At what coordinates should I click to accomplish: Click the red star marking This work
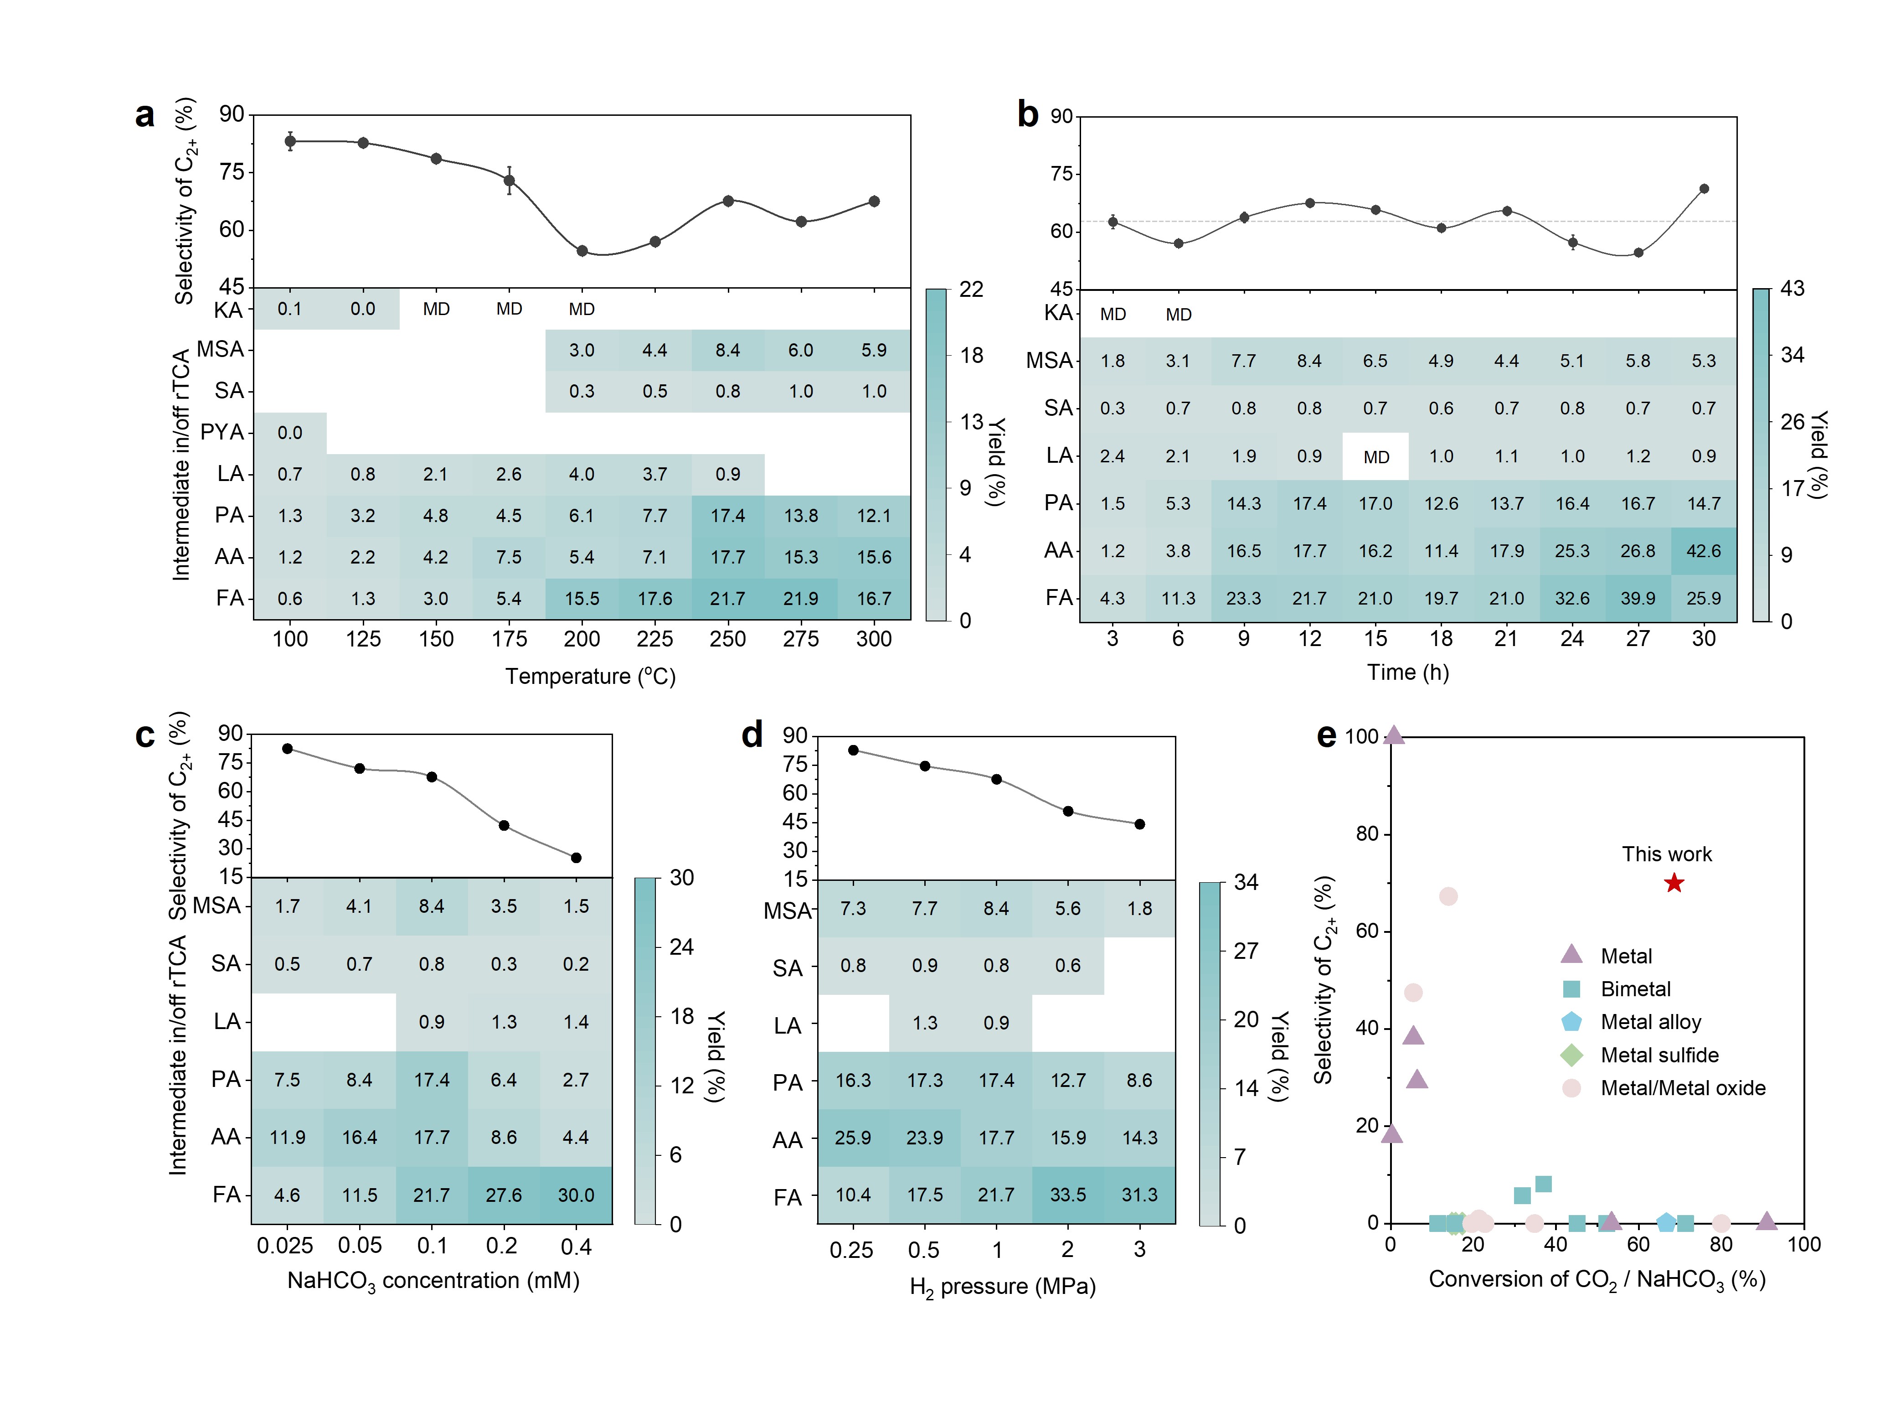[1673, 884]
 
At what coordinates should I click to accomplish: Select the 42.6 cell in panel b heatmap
[1704, 551]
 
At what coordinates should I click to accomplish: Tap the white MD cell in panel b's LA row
[1375, 456]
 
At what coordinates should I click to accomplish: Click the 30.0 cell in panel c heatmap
[576, 1195]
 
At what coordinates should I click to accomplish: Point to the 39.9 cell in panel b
[1638, 598]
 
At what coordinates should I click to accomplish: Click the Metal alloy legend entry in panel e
[1650, 1022]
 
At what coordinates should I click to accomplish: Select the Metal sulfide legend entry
[1659, 1055]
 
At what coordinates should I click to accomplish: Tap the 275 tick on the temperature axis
[801, 639]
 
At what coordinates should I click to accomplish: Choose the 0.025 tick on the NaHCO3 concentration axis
[285, 1246]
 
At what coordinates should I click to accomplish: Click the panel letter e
[1326, 735]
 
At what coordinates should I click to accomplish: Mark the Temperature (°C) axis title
[591, 677]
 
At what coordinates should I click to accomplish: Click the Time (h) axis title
[1407, 672]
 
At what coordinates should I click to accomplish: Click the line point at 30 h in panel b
[1704, 188]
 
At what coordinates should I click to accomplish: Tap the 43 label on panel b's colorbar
[1792, 289]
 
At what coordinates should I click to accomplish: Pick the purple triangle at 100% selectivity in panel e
[1394, 735]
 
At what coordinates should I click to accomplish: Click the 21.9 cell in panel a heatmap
[801, 598]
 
